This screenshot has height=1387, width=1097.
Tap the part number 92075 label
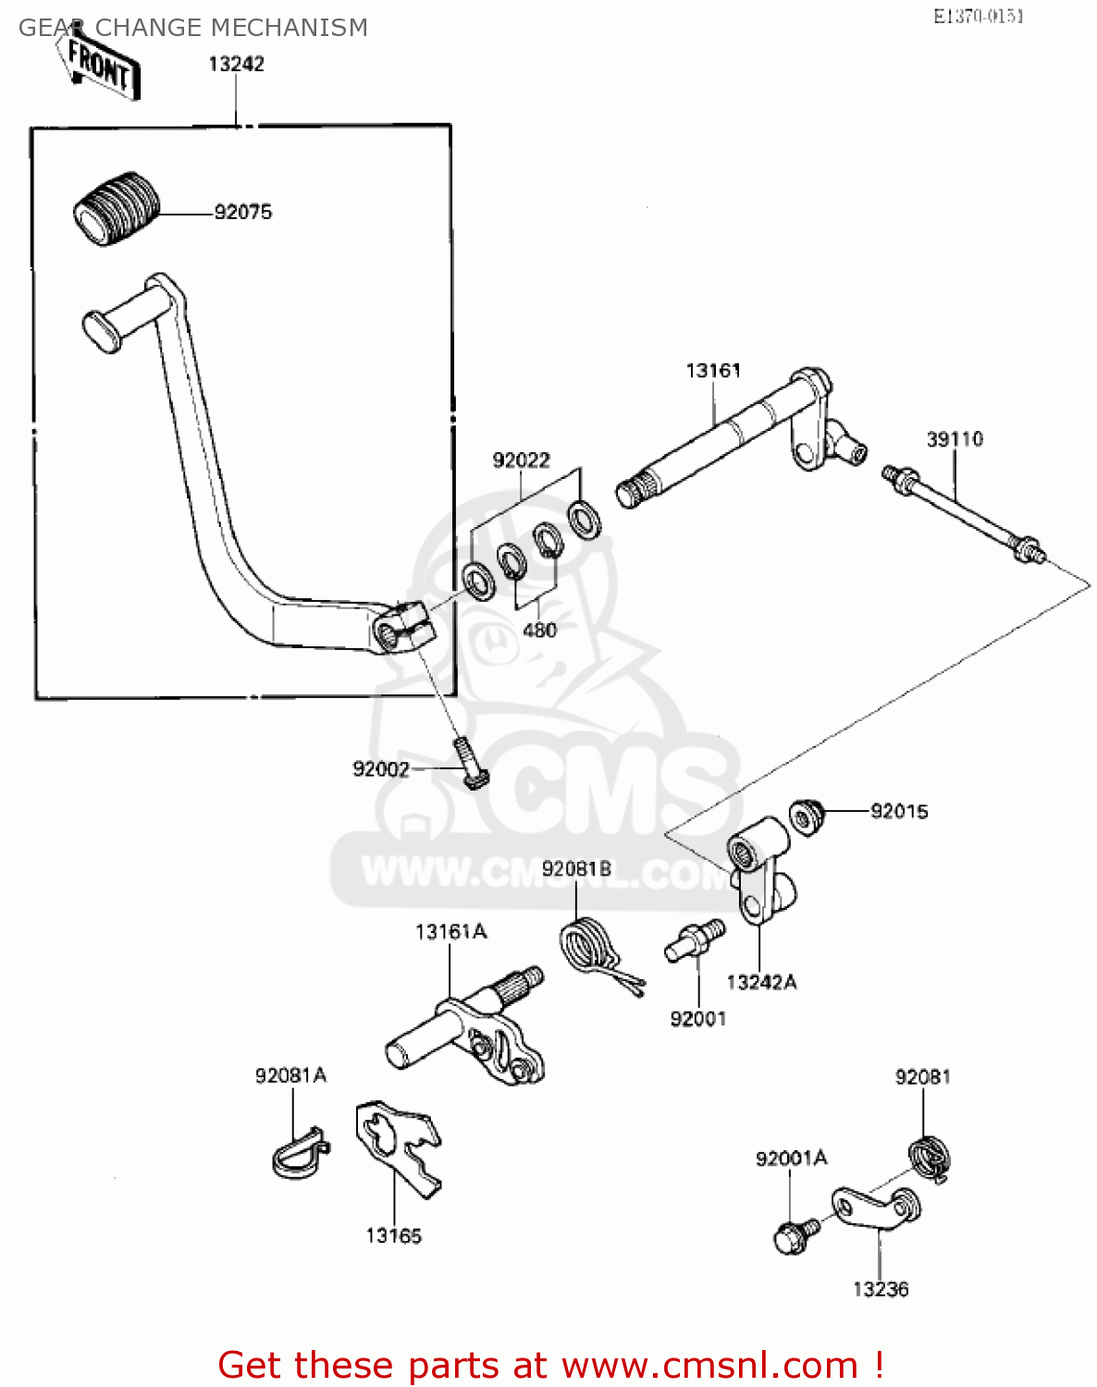pos(243,212)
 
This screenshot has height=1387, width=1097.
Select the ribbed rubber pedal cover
pos(117,208)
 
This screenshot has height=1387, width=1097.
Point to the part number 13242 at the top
pos(236,64)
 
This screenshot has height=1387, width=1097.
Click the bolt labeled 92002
pos(470,764)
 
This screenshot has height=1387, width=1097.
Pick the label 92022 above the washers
pos(521,460)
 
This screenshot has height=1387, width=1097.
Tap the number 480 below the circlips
pos(539,630)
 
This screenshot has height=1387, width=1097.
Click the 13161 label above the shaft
pos(713,371)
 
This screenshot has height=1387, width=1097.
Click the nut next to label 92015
pos(806,816)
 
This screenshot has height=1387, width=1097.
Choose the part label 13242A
pos(761,982)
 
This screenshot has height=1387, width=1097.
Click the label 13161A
pos(450,932)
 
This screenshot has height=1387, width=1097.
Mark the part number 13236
pos(881,1289)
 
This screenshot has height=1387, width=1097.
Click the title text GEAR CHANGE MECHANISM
pos(193,28)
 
